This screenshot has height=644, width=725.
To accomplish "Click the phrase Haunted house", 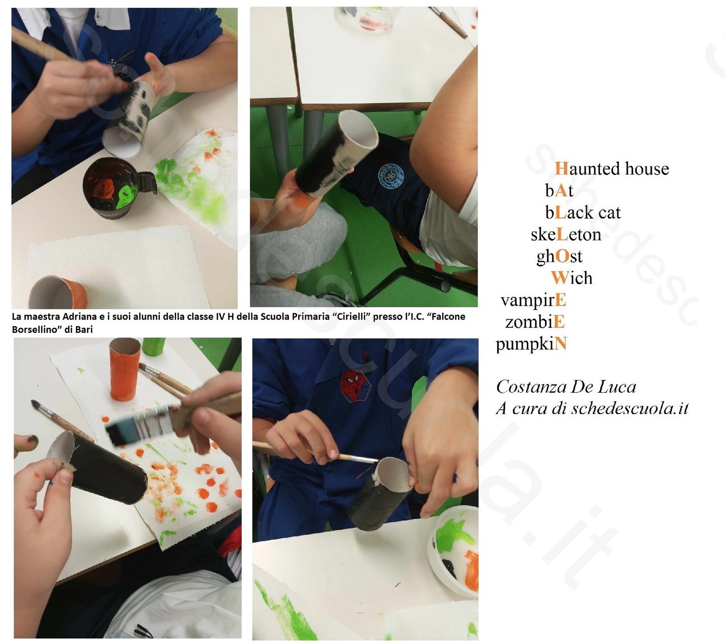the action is pyautogui.click(x=612, y=169).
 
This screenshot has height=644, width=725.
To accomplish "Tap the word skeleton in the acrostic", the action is pyautogui.click(x=566, y=234).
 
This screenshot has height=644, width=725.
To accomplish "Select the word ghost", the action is pyautogui.click(x=559, y=257).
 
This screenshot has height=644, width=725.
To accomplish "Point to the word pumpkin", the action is pyautogui.click(x=531, y=344).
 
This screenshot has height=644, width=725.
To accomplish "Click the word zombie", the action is pyautogui.click(x=535, y=322).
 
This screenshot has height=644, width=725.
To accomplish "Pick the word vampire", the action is pyautogui.click(x=533, y=300).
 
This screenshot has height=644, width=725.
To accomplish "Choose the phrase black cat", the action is pyautogui.click(x=583, y=212).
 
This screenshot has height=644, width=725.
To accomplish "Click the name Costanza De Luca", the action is pyautogui.click(x=566, y=387).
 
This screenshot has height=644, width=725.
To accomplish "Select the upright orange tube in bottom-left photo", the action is pyautogui.click(x=125, y=369).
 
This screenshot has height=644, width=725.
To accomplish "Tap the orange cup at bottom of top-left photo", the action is pyautogui.click(x=58, y=292).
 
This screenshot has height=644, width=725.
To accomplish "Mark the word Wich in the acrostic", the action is pyautogui.click(x=571, y=278).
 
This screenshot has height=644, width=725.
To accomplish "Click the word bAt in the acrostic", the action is pyautogui.click(x=559, y=190).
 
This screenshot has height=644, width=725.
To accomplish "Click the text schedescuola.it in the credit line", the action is pyautogui.click(x=630, y=409).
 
